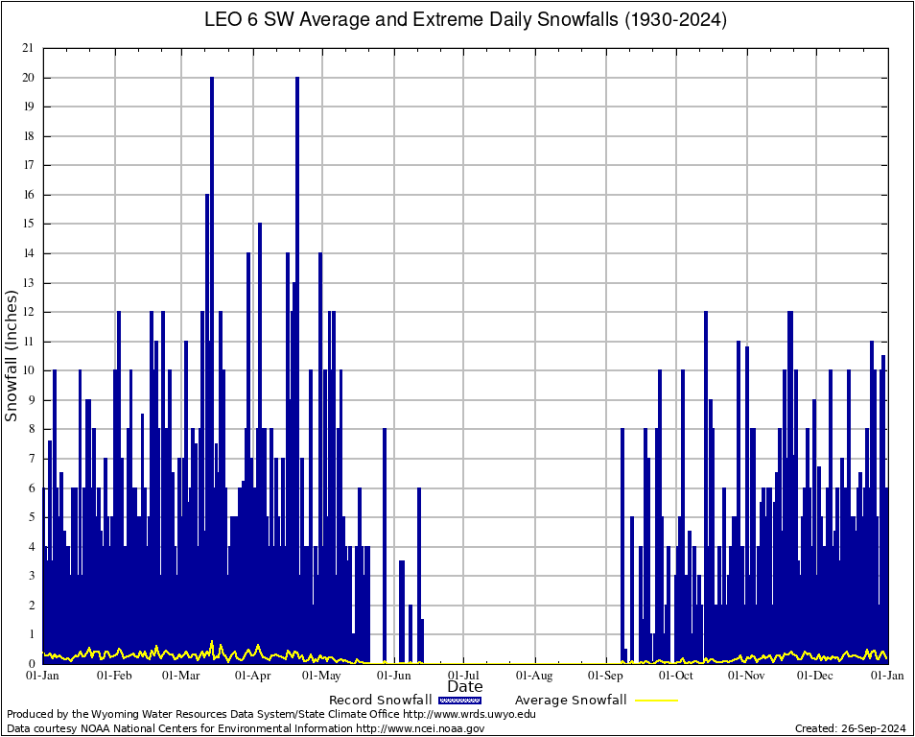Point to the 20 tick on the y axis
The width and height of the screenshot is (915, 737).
[29, 78]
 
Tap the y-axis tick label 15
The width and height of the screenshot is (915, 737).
[29, 224]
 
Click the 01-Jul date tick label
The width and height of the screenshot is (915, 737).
[464, 676]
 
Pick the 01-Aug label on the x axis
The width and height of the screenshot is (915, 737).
[534, 676]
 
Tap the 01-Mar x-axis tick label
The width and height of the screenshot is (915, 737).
[180, 676]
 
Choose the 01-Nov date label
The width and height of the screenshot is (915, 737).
[746, 676]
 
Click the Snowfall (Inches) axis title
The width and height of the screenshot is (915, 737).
[12, 356]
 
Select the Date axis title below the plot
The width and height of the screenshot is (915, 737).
[465, 687]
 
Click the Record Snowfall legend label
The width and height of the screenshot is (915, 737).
[381, 700]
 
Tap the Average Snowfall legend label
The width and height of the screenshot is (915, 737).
[571, 700]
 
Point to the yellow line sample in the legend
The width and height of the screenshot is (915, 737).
[655, 700]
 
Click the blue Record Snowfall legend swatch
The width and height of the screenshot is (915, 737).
[458, 700]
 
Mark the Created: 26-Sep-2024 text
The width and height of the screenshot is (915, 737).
[850, 728]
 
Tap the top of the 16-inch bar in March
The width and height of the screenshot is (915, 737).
[206, 196]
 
